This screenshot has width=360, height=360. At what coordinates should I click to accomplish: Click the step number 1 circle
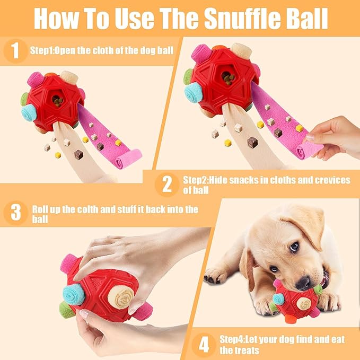tap(16, 51)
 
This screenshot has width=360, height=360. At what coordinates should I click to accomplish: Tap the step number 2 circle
tap(168, 184)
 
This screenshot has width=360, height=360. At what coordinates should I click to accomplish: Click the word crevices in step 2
tap(328, 180)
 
